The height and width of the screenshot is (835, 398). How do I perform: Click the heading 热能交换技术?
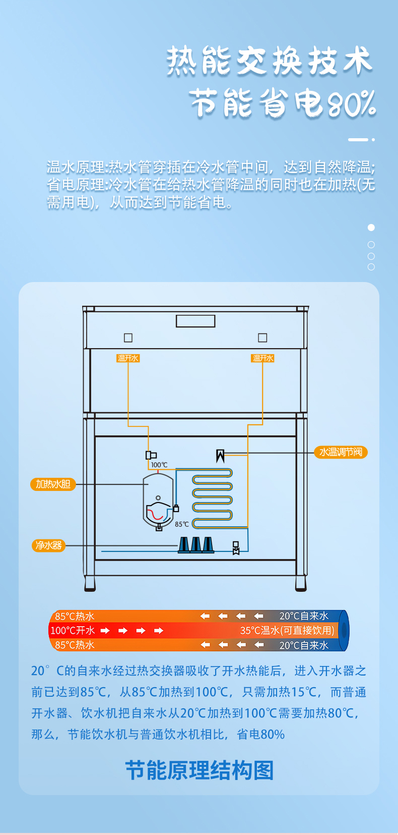(x=270, y=61)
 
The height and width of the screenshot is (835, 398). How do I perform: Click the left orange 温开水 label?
(x=128, y=358)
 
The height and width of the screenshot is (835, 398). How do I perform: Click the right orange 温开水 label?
(x=262, y=358)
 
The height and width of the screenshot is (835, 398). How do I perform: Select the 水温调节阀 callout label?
(x=341, y=452)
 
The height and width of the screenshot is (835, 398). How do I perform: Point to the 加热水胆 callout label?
(x=53, y=484)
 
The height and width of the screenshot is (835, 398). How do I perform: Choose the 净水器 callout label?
(x=48, y=545)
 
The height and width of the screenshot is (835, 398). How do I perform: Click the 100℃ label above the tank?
(x=159, y=465)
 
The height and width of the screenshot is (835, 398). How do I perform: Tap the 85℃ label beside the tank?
(x=182, y=524)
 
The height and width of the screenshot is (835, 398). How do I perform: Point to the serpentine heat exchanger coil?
(x=212, y=494)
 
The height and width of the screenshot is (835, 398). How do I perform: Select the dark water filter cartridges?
(x=195, y=545)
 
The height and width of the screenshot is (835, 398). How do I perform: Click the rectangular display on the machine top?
(x=195, y=321)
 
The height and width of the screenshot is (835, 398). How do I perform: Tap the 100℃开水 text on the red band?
(x=73, y=631)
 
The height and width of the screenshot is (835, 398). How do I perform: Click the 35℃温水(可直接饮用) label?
(x=287, y=631)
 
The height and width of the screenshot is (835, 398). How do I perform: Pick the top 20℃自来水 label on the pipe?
(x=304, y=616)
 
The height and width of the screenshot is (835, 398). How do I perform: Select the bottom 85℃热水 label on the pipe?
(x=75, y=645)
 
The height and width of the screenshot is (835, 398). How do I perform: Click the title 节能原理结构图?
(x=199, y=770)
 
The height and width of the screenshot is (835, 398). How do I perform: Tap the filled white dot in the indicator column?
(x=371, y=228)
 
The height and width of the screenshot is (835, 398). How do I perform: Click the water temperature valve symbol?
(x=220, y=456)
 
